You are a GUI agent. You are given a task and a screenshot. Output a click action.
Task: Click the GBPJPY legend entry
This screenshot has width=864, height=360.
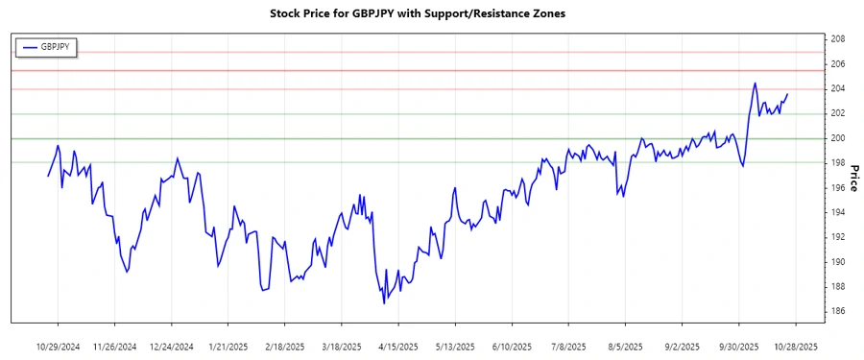pos(53,46)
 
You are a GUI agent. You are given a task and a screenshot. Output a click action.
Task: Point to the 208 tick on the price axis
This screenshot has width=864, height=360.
pos(837,39)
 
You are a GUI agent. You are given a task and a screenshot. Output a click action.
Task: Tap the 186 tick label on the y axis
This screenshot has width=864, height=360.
pos(837,311)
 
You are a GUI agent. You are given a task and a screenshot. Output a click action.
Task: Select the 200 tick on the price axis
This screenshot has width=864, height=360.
pos(837,138)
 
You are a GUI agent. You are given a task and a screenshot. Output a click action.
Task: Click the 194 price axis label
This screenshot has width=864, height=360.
pos(837,212)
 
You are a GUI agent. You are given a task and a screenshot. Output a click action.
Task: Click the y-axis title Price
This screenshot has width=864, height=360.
pos(853,176)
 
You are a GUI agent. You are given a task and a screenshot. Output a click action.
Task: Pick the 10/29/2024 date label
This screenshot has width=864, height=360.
pos(59,347)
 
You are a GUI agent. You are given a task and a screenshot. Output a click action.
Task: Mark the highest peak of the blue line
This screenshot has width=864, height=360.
pos(755,84)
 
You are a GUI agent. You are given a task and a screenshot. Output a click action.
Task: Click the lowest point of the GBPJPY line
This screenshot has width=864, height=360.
pos(384,303)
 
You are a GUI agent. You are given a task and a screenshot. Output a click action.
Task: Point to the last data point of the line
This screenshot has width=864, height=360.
pos(787,94)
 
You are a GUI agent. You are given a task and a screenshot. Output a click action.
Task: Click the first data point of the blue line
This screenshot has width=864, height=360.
pos(47,176)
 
